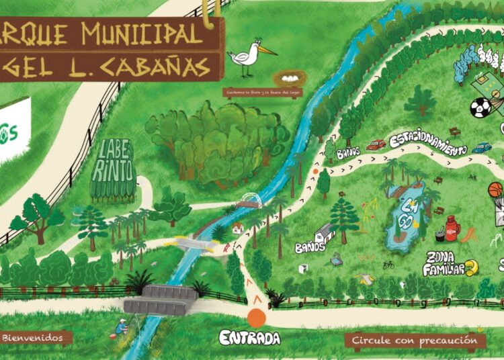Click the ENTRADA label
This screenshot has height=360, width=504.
[x=249, y=338]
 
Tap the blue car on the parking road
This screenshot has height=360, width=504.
[x=481, y=147]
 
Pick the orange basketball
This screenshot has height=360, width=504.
[x=495, y=190]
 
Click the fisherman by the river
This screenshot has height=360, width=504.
[x=120, y=327]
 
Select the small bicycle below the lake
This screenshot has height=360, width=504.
[x=388, y=265]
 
